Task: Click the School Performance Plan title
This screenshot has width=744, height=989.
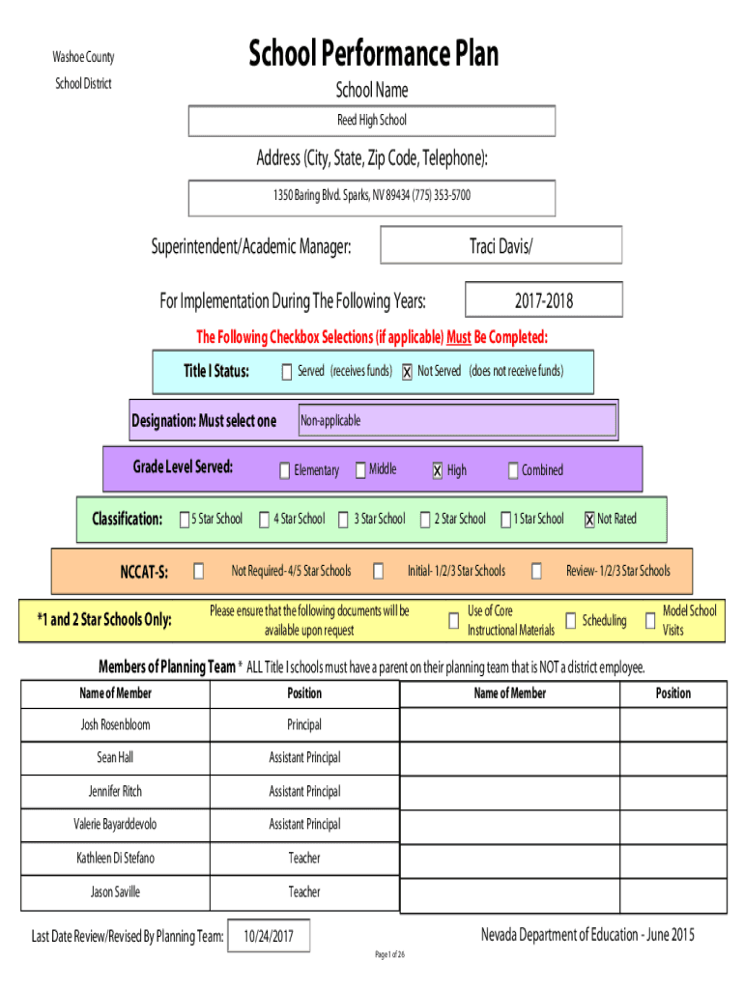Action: [x=373, y=53]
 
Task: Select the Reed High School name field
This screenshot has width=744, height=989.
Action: [x=372, y=121]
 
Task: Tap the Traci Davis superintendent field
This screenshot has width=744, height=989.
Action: [x=501, y=245]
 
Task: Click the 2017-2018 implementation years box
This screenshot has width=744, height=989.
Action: [x=544, y=299]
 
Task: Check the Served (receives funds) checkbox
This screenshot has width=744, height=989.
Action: [x=287, y=372]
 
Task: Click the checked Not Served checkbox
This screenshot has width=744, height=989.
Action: [x=407, y=372]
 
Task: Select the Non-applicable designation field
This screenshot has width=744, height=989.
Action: [x=457, y=420]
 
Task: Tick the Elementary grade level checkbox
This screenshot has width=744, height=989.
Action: [x=285, y=470]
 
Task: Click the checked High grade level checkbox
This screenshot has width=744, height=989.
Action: [x=438, y=470]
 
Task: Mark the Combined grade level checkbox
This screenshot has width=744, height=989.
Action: [x=513, y=470]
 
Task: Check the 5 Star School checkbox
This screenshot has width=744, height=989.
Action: [x=185, y=519]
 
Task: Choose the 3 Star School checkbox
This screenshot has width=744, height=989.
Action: [x=343, y=519]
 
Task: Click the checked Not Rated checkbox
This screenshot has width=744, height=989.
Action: [x=589, y=519]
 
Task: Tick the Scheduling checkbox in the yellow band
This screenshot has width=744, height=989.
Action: [x=570, y=621]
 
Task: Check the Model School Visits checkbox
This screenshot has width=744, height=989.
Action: [x=650, y=621]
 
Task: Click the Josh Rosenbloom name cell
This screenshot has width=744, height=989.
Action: [x=116, y=724]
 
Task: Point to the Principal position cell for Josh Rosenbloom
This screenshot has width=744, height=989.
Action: [x=304, y=724]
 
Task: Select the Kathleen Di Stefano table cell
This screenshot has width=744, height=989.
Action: [x=116, y=858]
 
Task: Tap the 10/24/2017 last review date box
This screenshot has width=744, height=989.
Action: [x=269, y=936]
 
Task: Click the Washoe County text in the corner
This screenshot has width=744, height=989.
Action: [x=83, y=57]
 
